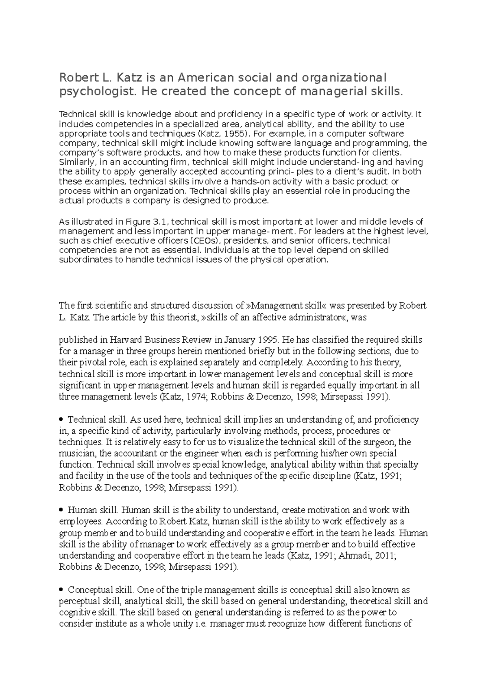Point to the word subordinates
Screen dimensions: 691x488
coord(86,260)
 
